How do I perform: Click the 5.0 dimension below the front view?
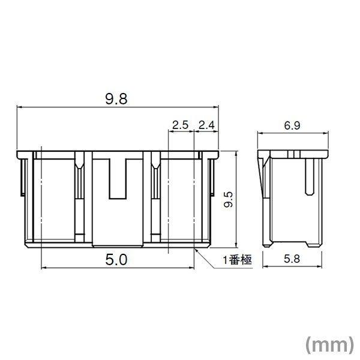coord(117,260)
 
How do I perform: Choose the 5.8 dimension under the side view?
coord(293,260)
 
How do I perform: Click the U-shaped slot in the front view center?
coord(118,178)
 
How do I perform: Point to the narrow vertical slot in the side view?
coord(309,174)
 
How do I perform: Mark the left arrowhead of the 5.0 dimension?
coord(43,268)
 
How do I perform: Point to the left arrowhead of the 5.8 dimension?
coord(268,268)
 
